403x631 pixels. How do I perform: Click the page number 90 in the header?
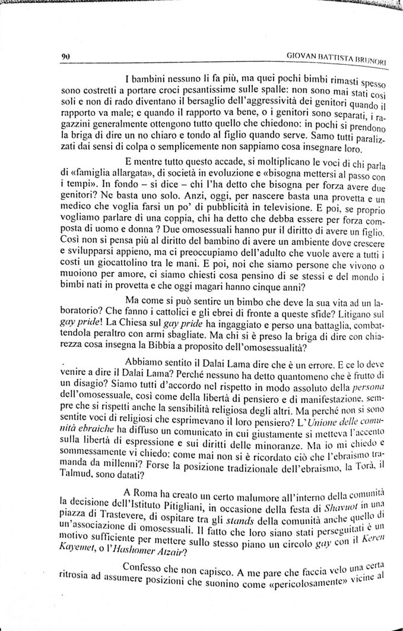(x=65, y=58)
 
